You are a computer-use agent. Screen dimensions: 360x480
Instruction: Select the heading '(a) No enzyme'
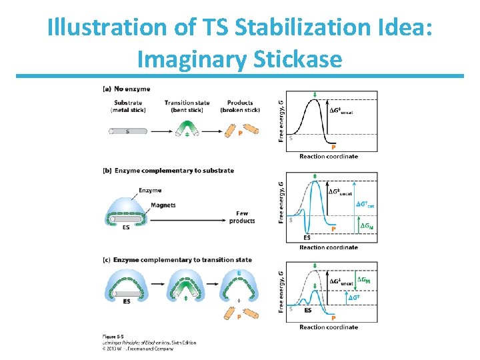coord(126,89)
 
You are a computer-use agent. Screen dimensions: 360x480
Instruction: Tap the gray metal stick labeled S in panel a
coord(127,131)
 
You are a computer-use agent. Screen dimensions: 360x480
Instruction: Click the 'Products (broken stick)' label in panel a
coord(240,106)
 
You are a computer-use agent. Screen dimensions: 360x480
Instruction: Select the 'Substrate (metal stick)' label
coord(129,106)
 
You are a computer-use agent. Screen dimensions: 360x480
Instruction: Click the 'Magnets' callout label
coord(163,205)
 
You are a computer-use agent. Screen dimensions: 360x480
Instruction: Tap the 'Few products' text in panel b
coord(245,217)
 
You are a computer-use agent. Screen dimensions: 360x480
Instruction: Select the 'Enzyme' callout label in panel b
coord(150,191)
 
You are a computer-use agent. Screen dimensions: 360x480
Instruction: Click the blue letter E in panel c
coord(239,273)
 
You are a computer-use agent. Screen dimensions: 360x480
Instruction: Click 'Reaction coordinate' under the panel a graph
coord(328,157)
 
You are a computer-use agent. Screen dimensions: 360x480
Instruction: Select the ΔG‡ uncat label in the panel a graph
coord(341,111)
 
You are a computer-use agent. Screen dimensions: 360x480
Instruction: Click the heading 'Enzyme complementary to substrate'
coord(174,171)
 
